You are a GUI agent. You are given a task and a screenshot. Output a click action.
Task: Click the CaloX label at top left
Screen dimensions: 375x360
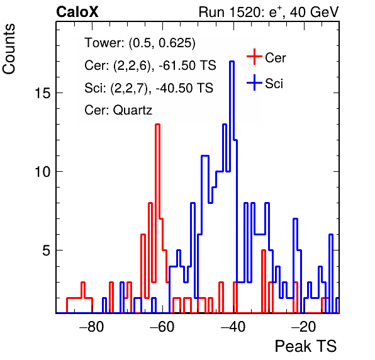click(x=77, y=12)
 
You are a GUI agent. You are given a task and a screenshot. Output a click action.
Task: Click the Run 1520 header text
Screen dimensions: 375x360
click(x=269, y=12)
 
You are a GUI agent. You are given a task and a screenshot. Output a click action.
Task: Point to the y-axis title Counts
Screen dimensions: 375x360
click(x=9, y=49)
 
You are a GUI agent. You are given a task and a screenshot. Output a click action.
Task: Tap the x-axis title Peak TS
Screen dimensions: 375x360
click(x=306, y=346)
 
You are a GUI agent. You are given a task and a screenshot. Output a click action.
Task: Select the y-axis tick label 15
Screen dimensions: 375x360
click(x=43, y=93)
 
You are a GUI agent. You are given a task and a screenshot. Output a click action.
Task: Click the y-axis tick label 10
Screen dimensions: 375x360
click(x=43, y=172)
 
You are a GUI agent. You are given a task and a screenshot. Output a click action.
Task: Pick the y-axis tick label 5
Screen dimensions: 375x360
click(x=47, y=250)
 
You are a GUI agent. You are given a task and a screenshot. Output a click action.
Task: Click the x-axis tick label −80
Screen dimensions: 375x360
click(x=92, y=327)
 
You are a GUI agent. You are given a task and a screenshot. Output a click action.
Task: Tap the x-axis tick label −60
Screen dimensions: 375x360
click(x=162, y=327)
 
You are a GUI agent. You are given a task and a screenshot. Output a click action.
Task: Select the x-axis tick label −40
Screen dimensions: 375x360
click(x=233, y=327)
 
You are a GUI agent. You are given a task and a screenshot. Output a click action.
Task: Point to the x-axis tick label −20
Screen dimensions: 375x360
click(x=304, y=327)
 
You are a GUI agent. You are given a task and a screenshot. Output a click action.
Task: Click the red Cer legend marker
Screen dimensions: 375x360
click(x=254, y=57)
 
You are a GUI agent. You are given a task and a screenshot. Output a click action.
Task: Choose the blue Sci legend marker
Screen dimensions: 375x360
click(x=254, y=82)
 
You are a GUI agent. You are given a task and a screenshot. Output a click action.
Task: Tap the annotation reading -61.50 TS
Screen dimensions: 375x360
click(x=187, y=65)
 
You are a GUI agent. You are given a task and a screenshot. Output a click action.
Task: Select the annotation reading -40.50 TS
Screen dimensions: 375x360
click(x=184, y=87)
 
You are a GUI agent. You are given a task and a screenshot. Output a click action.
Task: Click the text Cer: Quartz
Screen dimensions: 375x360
click(x=118, y=110)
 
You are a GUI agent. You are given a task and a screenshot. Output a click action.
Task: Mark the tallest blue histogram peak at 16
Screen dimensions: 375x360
click(x=232, y=62)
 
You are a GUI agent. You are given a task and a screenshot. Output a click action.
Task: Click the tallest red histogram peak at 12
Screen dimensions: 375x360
click(x=157, y=125)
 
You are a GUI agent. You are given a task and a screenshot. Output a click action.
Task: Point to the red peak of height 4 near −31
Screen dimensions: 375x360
click(x=264, y=250)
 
